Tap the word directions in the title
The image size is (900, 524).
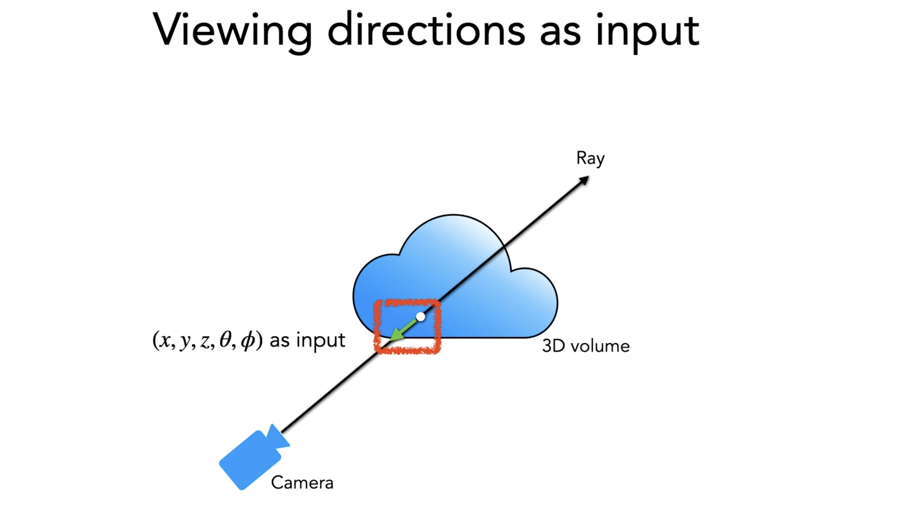point(426,30)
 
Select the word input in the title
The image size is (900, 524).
point(648,32)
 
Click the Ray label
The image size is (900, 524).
point(590,159)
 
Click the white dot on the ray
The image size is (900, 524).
point(420,317)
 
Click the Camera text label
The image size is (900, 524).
point(302,482)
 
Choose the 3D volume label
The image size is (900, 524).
point(586,346)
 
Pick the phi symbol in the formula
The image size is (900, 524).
point(248,341)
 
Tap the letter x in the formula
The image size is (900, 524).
point(164,341)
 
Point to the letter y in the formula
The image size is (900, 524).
point(184,342)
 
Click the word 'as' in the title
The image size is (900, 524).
point(560,32)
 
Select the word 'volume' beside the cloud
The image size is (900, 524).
point(600,346)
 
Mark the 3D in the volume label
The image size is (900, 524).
point(553,346)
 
